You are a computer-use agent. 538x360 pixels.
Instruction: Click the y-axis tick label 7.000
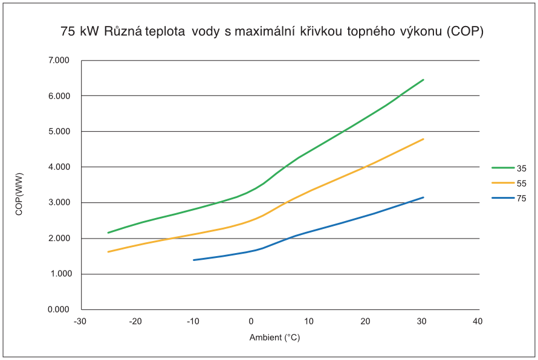pyautogui.click(x=59, y=60)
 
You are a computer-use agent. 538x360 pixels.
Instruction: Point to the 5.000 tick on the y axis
pyautogui.click(x=59, y=132)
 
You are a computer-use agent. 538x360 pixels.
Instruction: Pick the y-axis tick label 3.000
pyautogui.click(x=59, y=203)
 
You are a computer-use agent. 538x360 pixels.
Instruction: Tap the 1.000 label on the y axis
pyautogui.click(x=59, y=274)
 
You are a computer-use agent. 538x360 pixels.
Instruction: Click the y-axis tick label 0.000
pyautogui.click(x=59, y=310)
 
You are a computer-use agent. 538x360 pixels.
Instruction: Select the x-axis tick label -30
pyautogui.click(x=79, y=321)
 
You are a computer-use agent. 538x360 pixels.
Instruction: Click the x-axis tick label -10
pyautogui.click(x=193, y=321)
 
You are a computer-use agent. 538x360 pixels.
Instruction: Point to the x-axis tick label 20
pyautogui.click(x=365, y=321)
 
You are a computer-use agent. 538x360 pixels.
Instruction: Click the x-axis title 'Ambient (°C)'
pyautogui.click(x=274, y=338)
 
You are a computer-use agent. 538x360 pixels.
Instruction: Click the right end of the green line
pyautogui.click(x=424, y=79)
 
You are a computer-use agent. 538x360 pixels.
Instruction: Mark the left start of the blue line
pyautogui.click(x=193, y=260)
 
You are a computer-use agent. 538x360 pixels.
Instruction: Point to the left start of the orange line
pyautogui.click(x=108, y=251)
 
